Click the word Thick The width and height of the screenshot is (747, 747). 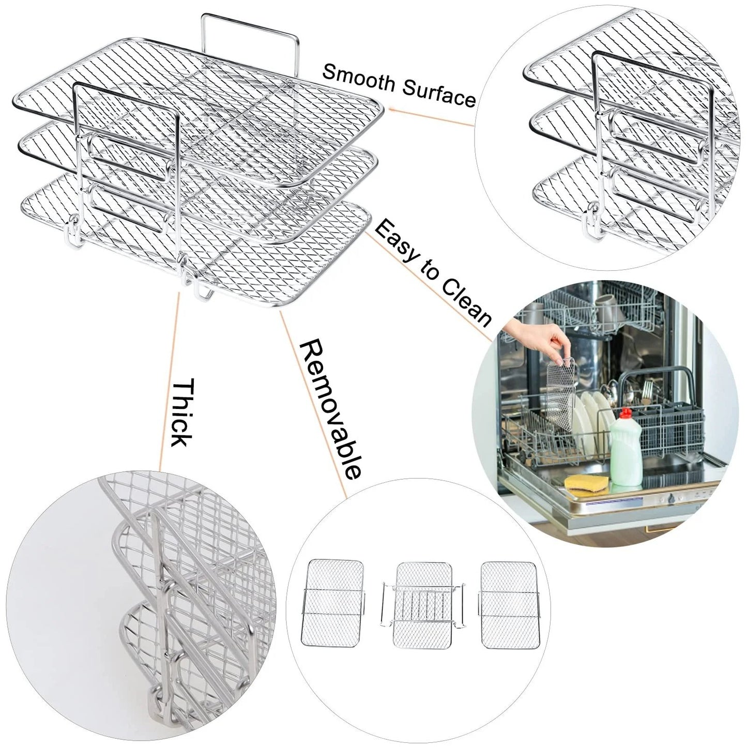pyautogui.click(x=181, y=414)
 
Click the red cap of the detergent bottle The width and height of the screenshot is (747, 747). pyautogui.click(x=626, y=414)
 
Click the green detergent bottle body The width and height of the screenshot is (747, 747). pyautogui.click(x=627, y=455)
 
